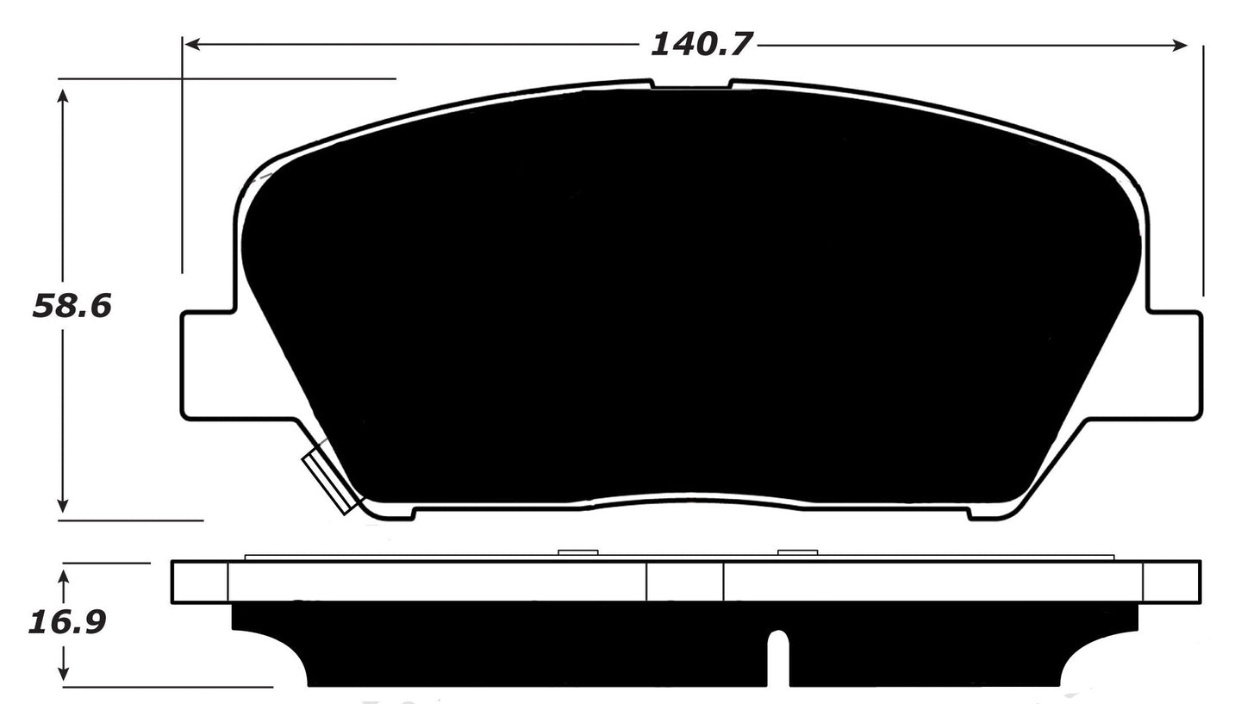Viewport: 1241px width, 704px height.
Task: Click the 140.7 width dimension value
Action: coord(702,43)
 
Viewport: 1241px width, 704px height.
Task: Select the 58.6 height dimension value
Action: coord(72,306)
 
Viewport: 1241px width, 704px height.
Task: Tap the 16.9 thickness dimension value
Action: coord(66,621)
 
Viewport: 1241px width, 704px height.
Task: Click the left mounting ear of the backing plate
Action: coord(207,365)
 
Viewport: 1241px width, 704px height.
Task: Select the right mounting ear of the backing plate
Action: coord(1174,365)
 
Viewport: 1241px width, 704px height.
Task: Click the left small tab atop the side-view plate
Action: coord(577,552)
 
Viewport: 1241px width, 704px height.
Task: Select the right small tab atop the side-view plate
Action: coord(796,552)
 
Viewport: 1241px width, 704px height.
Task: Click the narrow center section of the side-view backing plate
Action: coord(685,582)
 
